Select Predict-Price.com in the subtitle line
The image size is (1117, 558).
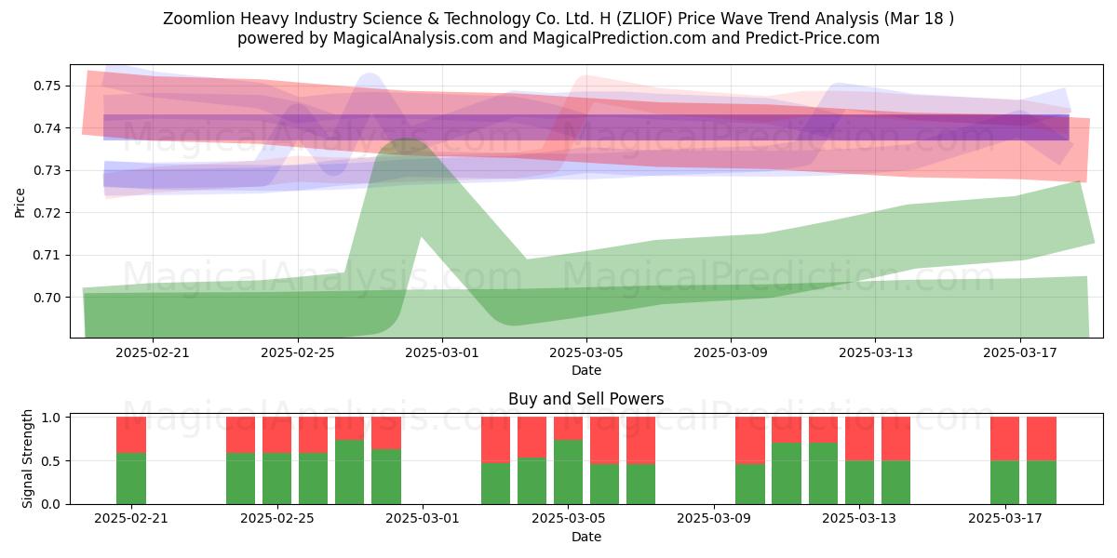pos(813,38)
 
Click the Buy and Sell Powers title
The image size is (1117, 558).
pos(585,399)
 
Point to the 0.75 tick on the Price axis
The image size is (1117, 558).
pos(47,86)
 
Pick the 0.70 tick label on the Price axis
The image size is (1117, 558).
pos(47,298)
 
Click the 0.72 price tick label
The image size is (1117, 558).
pos(47,213)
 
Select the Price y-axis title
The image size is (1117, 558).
pos(20,203)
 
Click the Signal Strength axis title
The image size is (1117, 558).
pos(27,458)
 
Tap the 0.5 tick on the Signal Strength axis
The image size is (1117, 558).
pos(51,461)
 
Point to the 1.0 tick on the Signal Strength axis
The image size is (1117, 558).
pos(51,418)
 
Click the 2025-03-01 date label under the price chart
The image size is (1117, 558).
pos(442,352)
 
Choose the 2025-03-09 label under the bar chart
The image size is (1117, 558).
pos(714,518)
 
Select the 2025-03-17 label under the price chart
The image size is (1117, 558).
pos(1020,352)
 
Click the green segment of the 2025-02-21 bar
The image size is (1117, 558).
pos(131,478)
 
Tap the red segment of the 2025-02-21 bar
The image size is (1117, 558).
pos(131,435)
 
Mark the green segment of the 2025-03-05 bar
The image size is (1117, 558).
pos(568,472)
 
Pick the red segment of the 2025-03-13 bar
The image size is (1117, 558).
pos(859,439)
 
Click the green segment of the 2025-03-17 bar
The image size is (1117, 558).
pos(1004,483)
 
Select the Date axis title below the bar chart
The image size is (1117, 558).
pos(585,538)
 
